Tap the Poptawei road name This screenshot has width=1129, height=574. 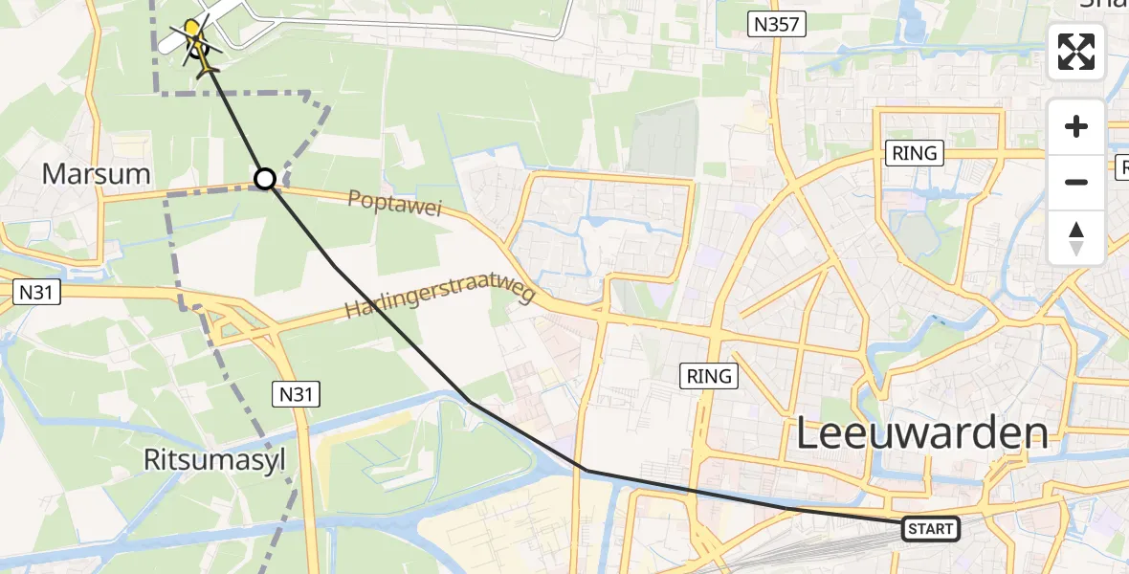(395, 203)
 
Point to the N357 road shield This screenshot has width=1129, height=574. (776, 24)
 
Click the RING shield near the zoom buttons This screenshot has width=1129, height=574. (914, 152)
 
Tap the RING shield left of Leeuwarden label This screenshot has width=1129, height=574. (709, 376)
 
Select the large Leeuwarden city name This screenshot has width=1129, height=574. (922, 435)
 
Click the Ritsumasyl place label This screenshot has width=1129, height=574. (214, 459)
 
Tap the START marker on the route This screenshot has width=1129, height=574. (930, 529)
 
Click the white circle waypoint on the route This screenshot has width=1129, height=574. (265, 179)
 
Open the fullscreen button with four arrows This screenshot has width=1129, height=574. (1076, 52)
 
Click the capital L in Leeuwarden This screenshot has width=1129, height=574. (808, 435)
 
